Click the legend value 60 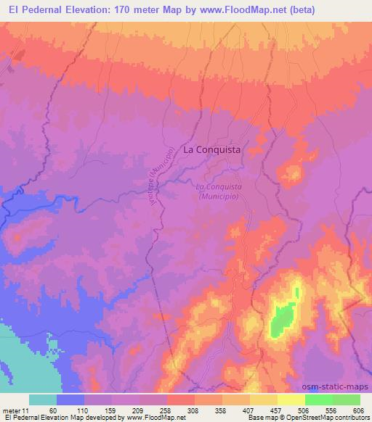pos(51,409)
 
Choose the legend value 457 pos(275,409)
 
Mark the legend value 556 pos(331,409)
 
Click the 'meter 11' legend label pos(15,409)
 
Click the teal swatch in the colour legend pos(43,400)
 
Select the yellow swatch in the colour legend pos(291,400)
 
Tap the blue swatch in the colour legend pos(70,400)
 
